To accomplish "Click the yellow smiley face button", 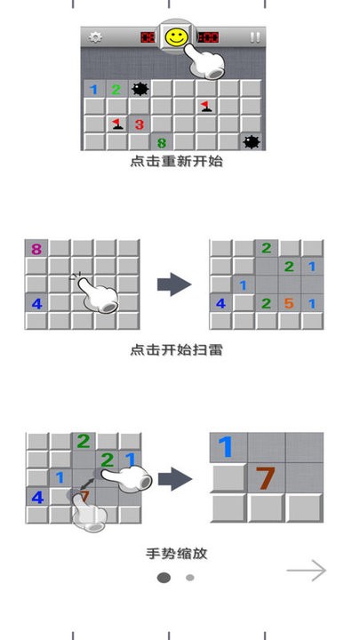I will pos(177,37).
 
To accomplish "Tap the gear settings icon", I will pos(95,37).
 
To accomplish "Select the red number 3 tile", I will pos(140,124).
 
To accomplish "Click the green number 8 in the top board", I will pos(162,142).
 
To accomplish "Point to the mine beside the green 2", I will pos(140,89).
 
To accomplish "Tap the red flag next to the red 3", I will pos(117,124).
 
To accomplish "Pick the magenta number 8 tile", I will pos(36,250).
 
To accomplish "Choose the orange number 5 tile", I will pos(288,303).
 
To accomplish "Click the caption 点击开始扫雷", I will pos(175,349).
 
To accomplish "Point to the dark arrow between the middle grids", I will pos(174,284).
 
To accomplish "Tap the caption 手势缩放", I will pos(177,554).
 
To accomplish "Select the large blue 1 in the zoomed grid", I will pos(227,447).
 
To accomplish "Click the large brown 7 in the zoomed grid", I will pos(265,478).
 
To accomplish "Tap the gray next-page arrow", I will pos(306,571).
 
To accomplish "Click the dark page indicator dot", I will pos(164,577).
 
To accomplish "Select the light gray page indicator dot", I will pos(189,577).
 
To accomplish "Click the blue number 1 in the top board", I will pos(94,89).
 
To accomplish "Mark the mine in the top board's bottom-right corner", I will pos(252,141).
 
